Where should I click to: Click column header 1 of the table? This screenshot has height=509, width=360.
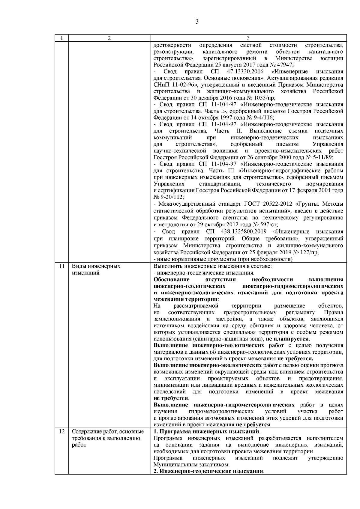point(61,38)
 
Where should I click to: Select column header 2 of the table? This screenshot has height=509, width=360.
point(109,38)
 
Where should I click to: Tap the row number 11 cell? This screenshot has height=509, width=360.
point(62,266)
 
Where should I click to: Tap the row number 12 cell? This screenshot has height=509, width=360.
point(62,432)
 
